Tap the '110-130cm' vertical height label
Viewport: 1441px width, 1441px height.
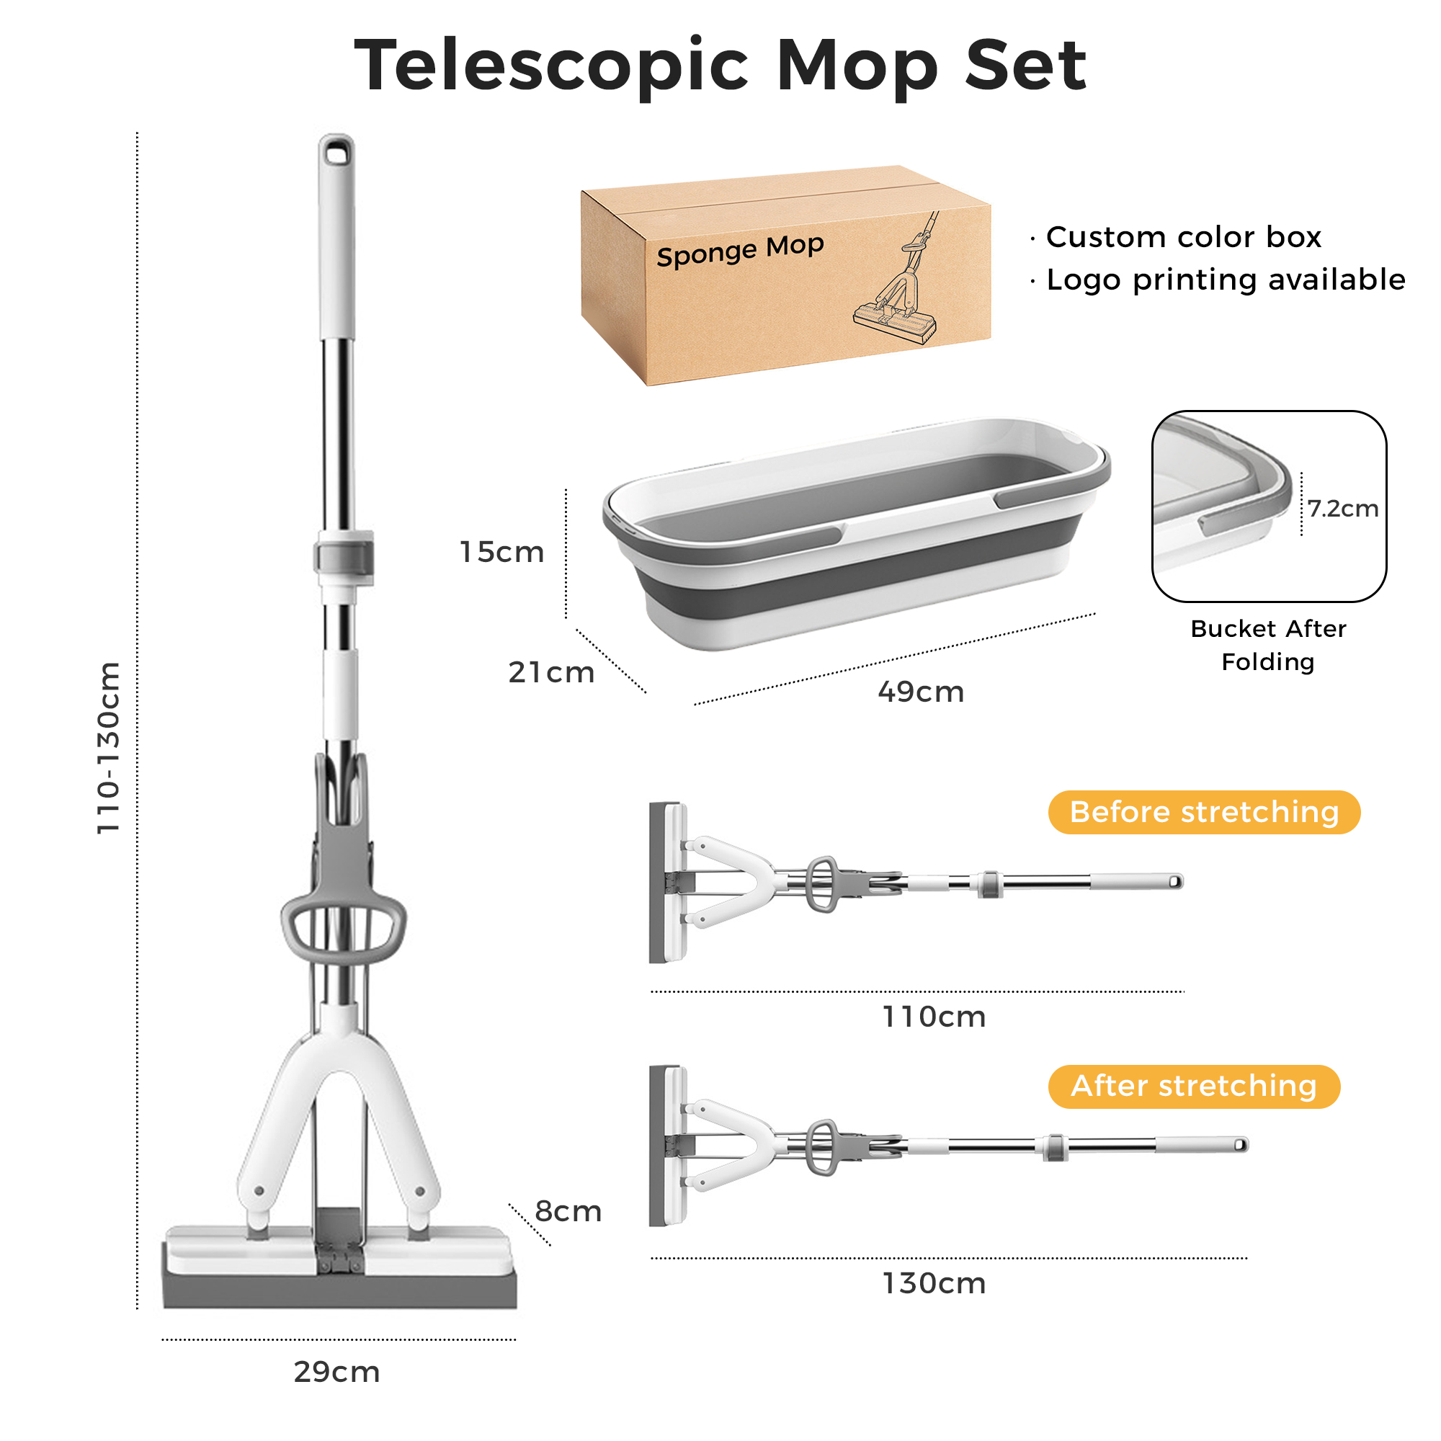pos(109,747)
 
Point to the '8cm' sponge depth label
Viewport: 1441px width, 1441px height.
pos(568,1210)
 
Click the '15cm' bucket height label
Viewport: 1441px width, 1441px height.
pos(501,552)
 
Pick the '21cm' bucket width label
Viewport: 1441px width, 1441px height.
pos(551,672)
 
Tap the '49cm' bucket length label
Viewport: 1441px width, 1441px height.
pos(920,692)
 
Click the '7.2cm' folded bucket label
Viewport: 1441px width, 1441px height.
pos(1342,509)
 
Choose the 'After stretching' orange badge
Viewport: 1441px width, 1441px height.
pos(1193,1085)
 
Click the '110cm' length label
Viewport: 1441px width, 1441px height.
pos(934,1017)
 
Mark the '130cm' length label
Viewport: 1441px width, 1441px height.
pos(934,1283)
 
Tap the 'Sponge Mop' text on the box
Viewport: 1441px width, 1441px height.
pos(740,251)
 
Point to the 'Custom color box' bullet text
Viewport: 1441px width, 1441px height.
pos(1183,237)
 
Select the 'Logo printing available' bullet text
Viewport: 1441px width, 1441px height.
pos(1225,280)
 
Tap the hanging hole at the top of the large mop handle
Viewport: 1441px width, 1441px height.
pos(337,153)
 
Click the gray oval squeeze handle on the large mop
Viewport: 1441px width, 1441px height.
pos(344,928)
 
